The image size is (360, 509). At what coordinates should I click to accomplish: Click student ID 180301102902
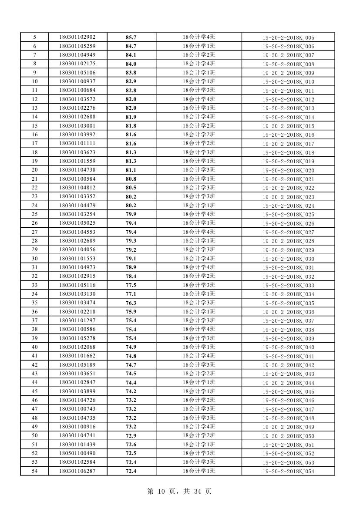click(77, 37)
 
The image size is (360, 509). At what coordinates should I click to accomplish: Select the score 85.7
click(131, 37)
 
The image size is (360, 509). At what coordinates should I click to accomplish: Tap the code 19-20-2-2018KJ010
click(288, 82)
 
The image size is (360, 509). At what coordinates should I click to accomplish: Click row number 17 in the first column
click(34, 144)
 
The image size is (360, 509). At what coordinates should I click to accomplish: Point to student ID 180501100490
click(77, 454)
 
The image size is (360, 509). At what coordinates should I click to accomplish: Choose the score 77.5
click(131, 285)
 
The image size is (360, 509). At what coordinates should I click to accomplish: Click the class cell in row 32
click(199, 276)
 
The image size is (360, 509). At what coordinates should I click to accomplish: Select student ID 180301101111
click(77, 144)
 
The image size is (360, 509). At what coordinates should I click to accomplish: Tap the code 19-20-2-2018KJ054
click(288, 472)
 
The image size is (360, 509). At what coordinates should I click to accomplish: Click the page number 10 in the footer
click(161, 492)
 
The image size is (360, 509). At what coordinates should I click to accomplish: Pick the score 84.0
click(131, 64)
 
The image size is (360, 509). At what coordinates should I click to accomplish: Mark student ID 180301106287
click(77, 471)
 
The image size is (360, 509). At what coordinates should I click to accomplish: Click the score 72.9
click(131, 436)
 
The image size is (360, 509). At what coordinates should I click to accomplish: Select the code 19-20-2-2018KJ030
click(288, 259)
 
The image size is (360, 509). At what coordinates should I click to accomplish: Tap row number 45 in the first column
click(34, 391)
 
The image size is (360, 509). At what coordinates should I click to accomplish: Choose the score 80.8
click(131, 179)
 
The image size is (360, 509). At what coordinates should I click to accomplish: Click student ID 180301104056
click(77, 250)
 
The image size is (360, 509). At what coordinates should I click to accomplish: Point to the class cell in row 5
click(199, 37)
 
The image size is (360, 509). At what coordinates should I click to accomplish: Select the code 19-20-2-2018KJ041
click(288, 356)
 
